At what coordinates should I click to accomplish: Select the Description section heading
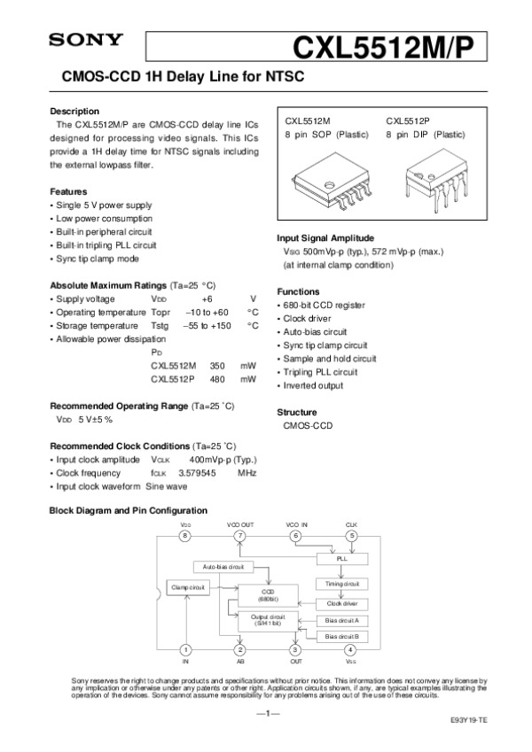(x=74, y=111)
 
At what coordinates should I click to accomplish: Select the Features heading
(x=68, y=191)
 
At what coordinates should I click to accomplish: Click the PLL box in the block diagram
(x=342, y=560)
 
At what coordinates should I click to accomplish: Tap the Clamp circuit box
(x=188, y=587)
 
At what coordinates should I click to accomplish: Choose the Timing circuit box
(x=341, y=584)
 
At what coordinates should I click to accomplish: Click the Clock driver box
(x=341, y=603)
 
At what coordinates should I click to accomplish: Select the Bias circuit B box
(x=341, y=636)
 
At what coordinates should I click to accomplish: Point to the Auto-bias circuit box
(x=223, y=566)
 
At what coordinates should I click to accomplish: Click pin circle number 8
(x=185, y=536)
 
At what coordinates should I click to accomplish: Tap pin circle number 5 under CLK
(x=351, y=536)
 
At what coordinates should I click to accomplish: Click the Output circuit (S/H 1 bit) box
(x=268, y=620)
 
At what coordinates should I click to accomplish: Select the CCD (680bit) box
(x=268, y=594)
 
